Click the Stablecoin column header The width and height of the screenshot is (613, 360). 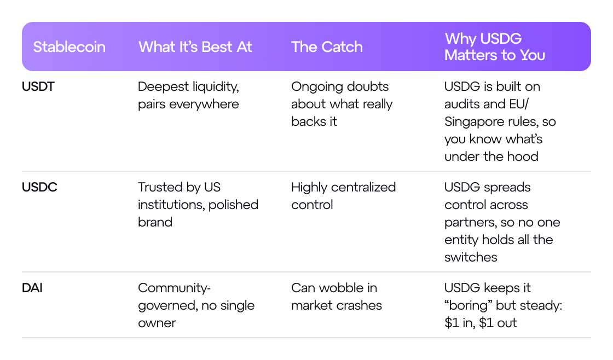(69, 47)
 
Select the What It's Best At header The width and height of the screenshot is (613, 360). (195, 47)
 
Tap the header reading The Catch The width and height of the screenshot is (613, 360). (327, 47)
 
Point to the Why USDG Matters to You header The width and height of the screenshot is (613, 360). (494, 47)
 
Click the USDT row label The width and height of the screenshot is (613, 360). (38, 86)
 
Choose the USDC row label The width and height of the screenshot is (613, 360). (39, 187)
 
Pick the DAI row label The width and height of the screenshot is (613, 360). (32, 288)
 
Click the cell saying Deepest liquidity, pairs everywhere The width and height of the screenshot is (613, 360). (188, 95)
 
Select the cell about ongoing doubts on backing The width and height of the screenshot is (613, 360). (342, 104)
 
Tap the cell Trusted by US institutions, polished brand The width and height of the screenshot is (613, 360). (198, 205)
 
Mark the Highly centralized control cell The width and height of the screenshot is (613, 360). (343, 196)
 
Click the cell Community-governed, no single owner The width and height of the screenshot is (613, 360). (196, 305)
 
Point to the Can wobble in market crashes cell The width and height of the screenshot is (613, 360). (336, 297)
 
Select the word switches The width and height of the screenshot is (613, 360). (471, 257)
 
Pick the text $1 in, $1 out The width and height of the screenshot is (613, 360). (481, 323)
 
